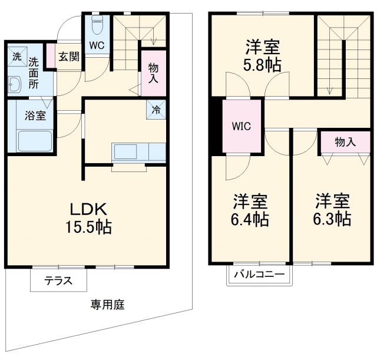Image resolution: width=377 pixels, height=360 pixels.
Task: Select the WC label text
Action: pyautogui.click(x=97, y=44)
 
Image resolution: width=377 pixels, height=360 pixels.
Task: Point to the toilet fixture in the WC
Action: pyautogui.click(x=98, y=25)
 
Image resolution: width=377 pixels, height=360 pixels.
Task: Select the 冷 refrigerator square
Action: pyautogui.click(x=157, y=110)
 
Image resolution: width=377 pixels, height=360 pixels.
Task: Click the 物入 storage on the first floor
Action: pyautogui.click(x=153, y=72)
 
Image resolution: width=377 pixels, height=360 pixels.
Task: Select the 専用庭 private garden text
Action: pyautogui.click(x=107, y=305)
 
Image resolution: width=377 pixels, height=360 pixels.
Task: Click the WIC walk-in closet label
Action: pyautogui.click(x=242, y=125)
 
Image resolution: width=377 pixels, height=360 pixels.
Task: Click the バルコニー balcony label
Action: pyautogui.click(x=259, y=275)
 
